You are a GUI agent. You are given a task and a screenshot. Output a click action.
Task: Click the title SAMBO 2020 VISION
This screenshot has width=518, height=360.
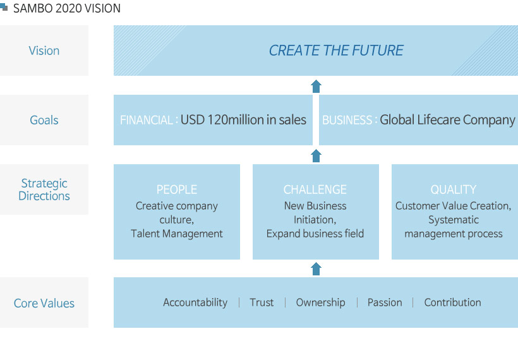pyautogui.click(x=67, y=8)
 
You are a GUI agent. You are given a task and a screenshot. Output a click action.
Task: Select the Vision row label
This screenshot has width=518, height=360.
pyautogui.click(x=44, y=51)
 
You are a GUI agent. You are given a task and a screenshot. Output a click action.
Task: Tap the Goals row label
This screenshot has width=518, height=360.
pyautogui.click(x=44, y=120)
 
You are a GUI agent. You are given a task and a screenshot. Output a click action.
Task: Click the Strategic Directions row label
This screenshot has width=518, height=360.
pyautogui.click(x=44, y=189)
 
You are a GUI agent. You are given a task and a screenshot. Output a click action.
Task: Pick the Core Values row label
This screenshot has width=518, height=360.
pyautogui.click(x=44, y=303)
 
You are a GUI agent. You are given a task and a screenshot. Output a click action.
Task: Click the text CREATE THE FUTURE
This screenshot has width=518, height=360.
pyautogui.click(x=336, y=50)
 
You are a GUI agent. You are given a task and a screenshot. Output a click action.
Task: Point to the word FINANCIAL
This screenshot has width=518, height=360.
pyautogui.click(x=146, y=120)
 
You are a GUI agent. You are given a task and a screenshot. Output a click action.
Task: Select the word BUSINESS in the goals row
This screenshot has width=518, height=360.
pyautogui.click(x=347, y=120)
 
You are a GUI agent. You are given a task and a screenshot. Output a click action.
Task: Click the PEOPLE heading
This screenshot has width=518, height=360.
pyautogui.click(x=177, y=189)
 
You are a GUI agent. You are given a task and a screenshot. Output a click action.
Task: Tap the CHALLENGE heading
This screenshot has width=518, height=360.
pyautogui.click(x=315, y=189)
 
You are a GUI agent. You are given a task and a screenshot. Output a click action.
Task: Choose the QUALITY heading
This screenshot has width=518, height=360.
pyautogui.click(x=454, y=189)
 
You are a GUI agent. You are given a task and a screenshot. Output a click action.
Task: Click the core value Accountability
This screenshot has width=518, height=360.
pyautogui.click(x=195, y=303)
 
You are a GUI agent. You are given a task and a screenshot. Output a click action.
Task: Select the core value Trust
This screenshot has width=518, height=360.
pyautogui.click(x=262, y=302)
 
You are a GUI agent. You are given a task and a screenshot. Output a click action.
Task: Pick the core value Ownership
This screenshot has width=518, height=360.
pyautogui.click(x=320, y=303)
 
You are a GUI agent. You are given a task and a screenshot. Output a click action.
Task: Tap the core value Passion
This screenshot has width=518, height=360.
pyautogui.click(x=385, y=302)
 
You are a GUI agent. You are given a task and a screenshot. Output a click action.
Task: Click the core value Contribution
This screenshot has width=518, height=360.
pyautogui.click(x=452, y=302)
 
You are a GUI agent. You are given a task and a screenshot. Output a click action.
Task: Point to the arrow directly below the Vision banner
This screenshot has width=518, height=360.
pyautogui.click(x=316, y=86)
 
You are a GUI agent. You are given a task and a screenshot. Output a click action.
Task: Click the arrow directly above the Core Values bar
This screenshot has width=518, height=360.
pyautogui.click(x=316, y=269)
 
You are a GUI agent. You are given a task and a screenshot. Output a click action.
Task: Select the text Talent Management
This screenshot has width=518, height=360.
pyautogui.click(x=177, y=234)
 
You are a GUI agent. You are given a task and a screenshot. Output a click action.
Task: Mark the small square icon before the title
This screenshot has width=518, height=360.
pyautogui.click(x=4, y=6)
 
